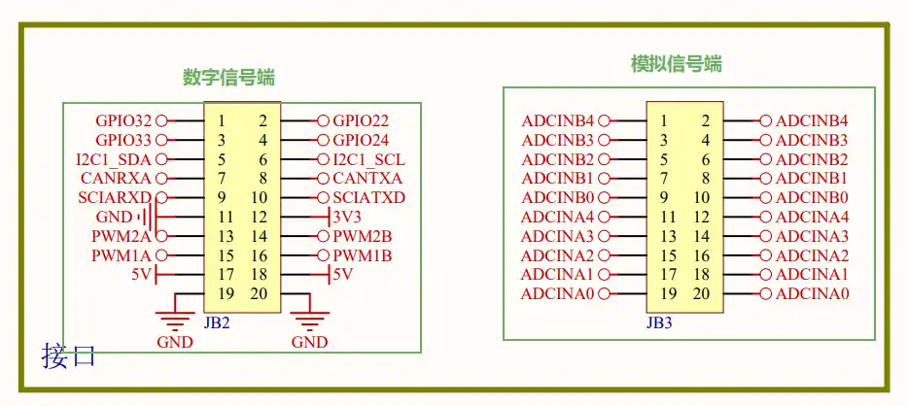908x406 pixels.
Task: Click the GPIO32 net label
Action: pos(123,120)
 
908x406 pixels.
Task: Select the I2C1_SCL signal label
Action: pos(368,159)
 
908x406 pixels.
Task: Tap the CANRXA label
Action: pos(116,178)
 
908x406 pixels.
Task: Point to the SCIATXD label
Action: pos(368,197)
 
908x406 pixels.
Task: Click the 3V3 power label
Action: pos(347,217)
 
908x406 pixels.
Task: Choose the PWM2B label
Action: pos(363,236)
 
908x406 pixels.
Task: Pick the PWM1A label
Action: pos(122,255)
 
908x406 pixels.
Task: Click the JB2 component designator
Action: pos(217,322)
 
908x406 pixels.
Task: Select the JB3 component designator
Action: pos(659,322)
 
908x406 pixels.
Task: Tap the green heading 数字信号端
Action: pos(228,77)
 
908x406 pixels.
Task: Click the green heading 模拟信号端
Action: pos(677,63)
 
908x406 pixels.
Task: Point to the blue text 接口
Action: pos(68,355)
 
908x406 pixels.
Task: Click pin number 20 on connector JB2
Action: pos(259,293)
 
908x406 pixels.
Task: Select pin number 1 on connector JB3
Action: pos(664,120)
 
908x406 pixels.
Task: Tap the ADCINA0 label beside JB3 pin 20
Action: pos(812,293)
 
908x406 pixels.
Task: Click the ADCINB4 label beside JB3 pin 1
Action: pos(558,120)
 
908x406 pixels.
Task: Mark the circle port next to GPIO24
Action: pos(323,140)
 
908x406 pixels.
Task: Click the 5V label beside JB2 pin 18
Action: pos(342,275)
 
